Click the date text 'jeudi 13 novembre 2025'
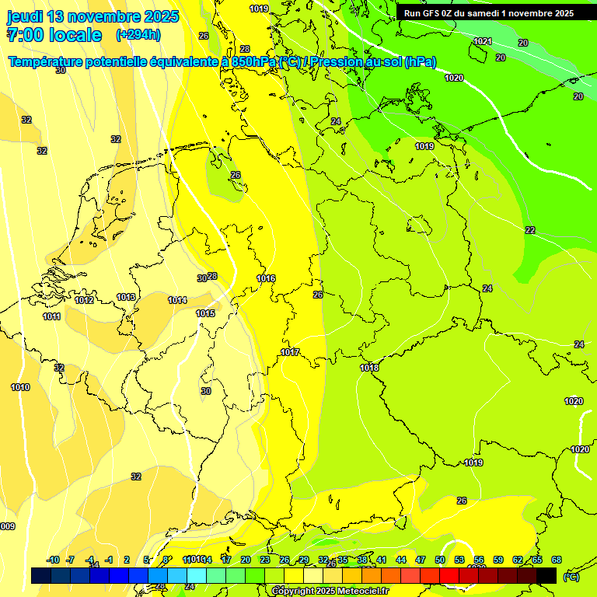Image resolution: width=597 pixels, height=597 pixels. [x=93, y=16]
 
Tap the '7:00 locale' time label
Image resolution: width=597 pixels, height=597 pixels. [x=54, y=35]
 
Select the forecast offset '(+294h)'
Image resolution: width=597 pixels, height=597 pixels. [x=138, y=34]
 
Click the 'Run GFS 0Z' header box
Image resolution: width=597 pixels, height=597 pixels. [x=489, y=12]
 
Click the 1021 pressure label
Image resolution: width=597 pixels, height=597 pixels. [x=483, y=41]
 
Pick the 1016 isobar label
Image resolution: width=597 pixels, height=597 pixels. [x=266, y=278]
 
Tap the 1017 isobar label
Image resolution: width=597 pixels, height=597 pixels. [x=290, y=352]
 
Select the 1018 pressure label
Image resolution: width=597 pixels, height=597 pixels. [x=369, y=368]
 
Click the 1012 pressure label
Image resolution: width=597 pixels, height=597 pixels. [x=85, y=300]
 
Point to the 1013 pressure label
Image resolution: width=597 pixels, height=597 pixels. [x=126, y=297]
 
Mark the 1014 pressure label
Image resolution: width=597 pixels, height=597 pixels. [x=177, y=300]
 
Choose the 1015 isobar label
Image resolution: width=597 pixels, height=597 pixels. [x=205, y=313]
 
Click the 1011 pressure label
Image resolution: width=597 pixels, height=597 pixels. [x=52, y=316]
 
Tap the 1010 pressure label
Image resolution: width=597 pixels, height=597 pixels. [x=20, y=387]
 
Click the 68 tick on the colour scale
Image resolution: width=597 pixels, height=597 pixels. [x=557, y=560]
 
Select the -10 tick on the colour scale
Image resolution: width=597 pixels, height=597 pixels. [x=53, y=560]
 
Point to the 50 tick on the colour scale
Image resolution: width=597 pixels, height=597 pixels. [x=440, y=560]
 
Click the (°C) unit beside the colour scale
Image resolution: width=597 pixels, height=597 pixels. [x=571, y=576]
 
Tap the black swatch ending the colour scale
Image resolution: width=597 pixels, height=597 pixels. [x=547, y=575]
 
